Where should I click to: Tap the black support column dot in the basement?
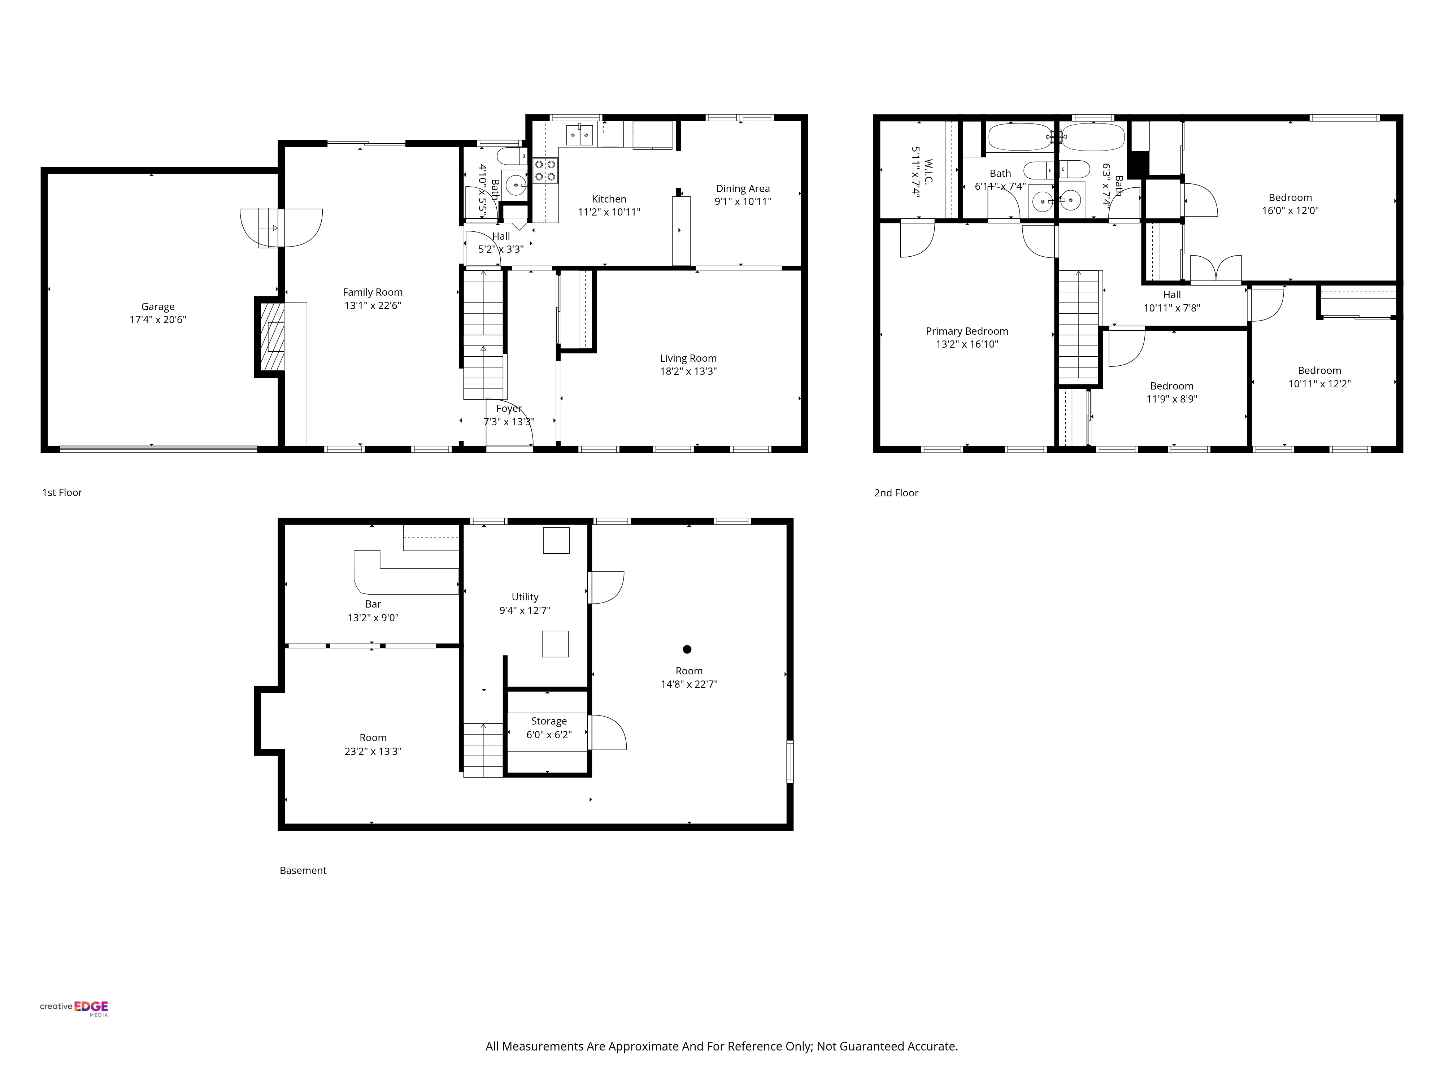click(687, 649)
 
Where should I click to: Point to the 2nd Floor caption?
click(896, 493)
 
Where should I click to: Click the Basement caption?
click(303, 870)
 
